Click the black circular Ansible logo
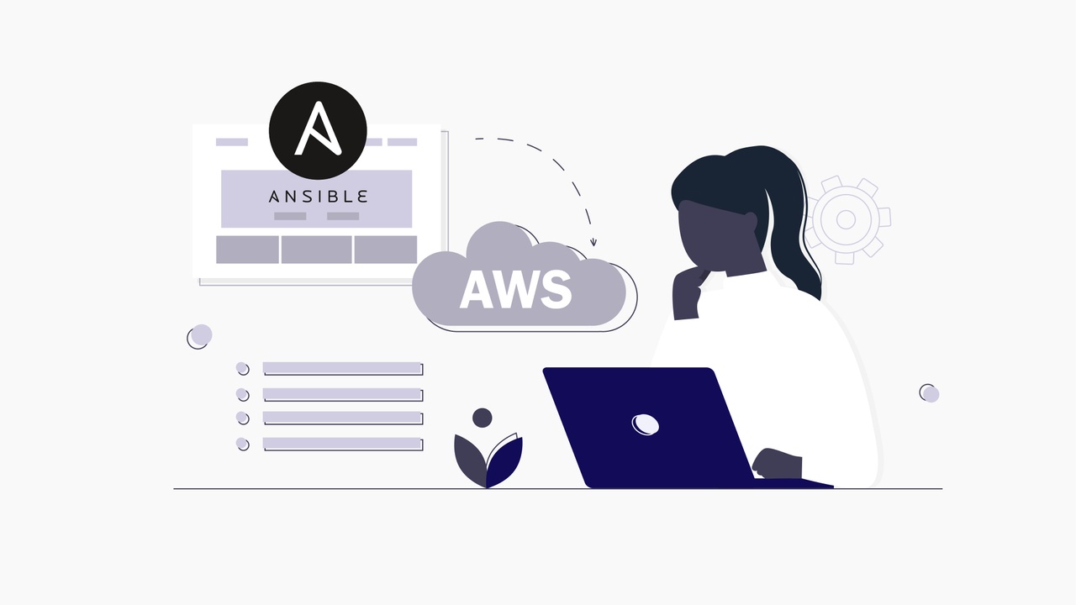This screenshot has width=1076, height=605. click(x=318, y=130)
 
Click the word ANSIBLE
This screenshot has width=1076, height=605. click(x=318, y=197)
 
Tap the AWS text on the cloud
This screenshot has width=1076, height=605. click(x=516, y=289)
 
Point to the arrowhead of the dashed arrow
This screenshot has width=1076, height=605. click(x=593, y=243)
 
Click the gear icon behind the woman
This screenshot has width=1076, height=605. click(x=846, y=219)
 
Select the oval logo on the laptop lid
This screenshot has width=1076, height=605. click(x=645, y=424)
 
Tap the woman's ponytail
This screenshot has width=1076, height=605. click(x=794, y=244)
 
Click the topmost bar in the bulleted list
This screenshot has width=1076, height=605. click(x=341, y=368)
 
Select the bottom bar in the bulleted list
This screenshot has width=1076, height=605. click(x=341, y=443)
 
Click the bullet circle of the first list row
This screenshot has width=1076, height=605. click(x=242, y=368)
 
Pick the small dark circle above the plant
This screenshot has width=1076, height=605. click(x=482, y=418)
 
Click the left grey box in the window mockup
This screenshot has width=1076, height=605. click(x=247, y=250)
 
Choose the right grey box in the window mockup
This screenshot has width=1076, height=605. click(x=385, y=250)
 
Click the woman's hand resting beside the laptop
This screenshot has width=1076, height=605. click(x=776, y=465)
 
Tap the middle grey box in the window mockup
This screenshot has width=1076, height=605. click(x=316, y=250)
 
